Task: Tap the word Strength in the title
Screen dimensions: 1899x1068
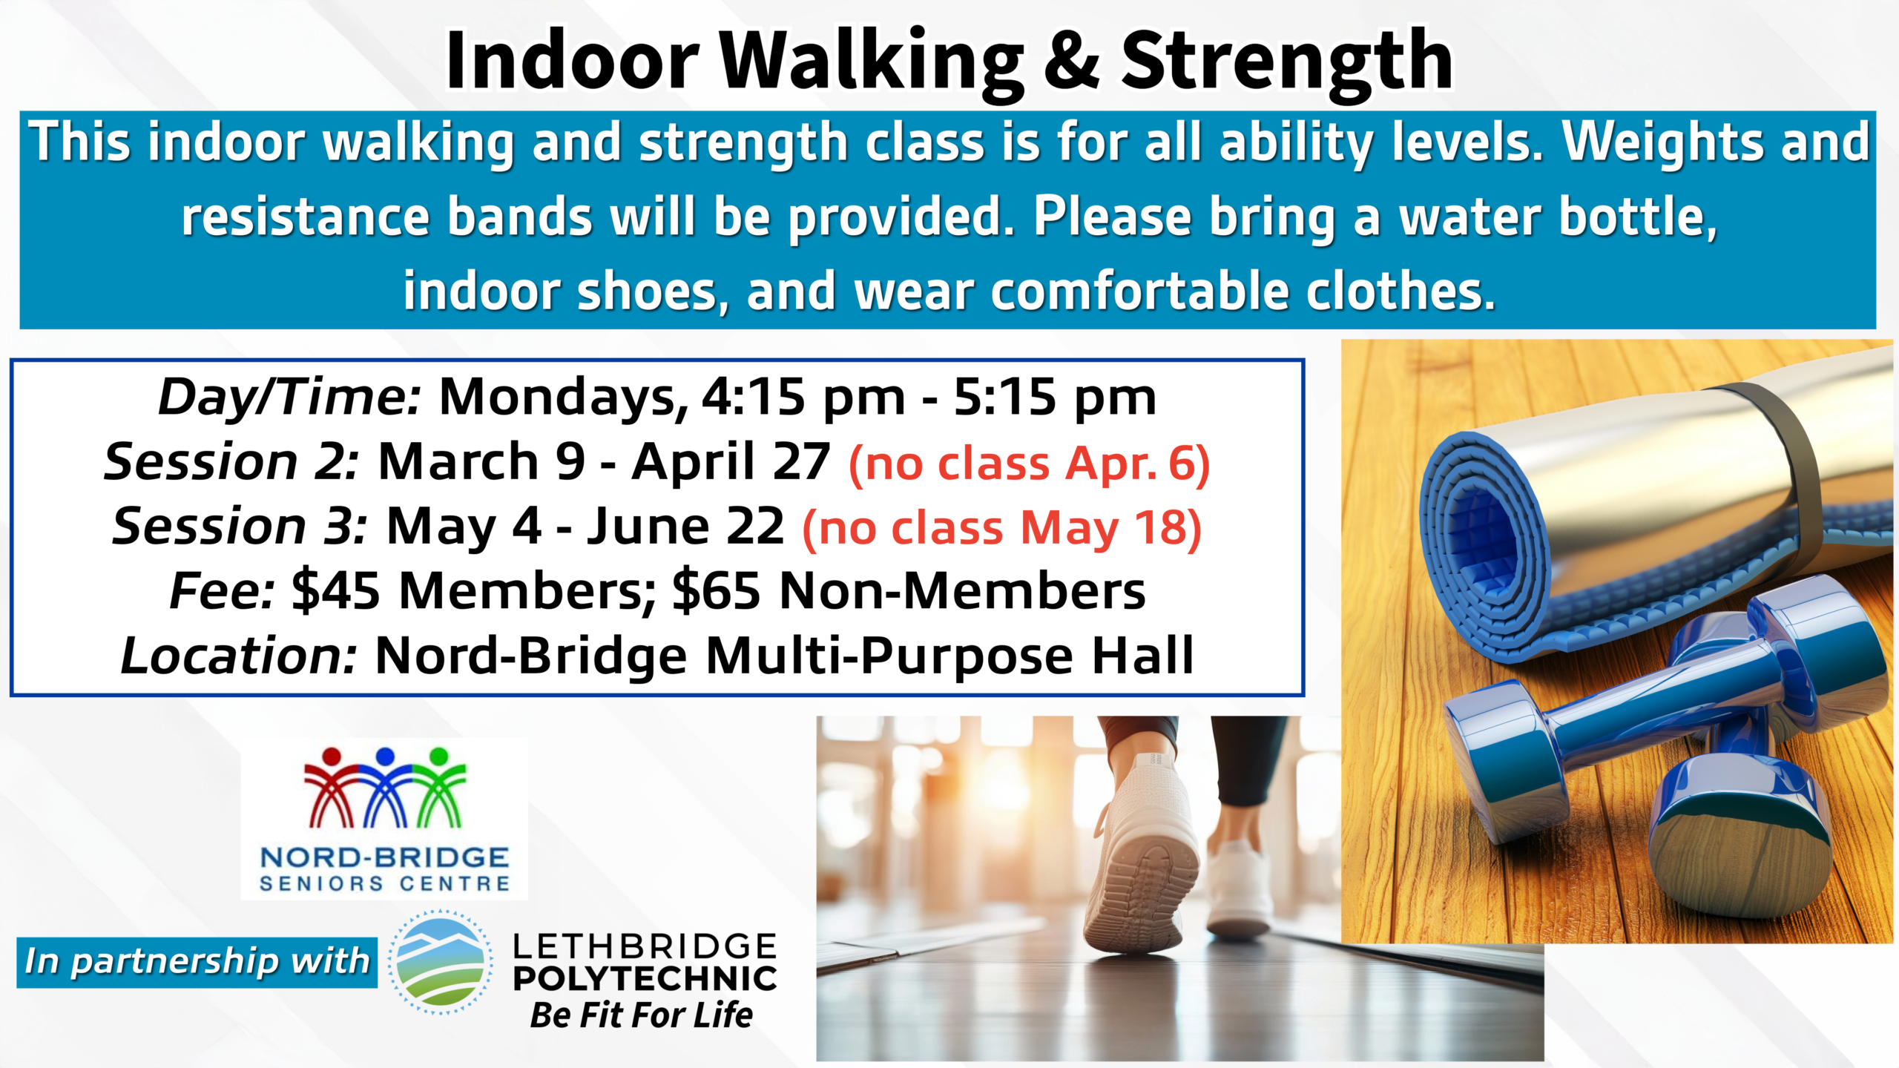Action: pos(1287,63)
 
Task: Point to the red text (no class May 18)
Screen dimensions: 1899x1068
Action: pos(1002,529)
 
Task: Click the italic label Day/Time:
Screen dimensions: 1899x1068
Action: pos(290,398)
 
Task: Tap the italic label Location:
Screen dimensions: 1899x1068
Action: pos(240,656)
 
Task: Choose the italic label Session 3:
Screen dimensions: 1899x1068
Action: pos(240,527)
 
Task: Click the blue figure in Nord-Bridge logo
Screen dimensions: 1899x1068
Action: pos(385,787)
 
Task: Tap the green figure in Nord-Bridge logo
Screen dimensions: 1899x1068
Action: pos(438,787)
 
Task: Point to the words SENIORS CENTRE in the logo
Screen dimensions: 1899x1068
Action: pos(384,884)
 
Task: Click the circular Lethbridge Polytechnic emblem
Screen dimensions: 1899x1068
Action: pos(441,962)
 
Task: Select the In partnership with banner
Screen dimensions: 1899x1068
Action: pos(197,963)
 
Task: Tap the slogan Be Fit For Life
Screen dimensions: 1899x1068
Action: pos(641,1015)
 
